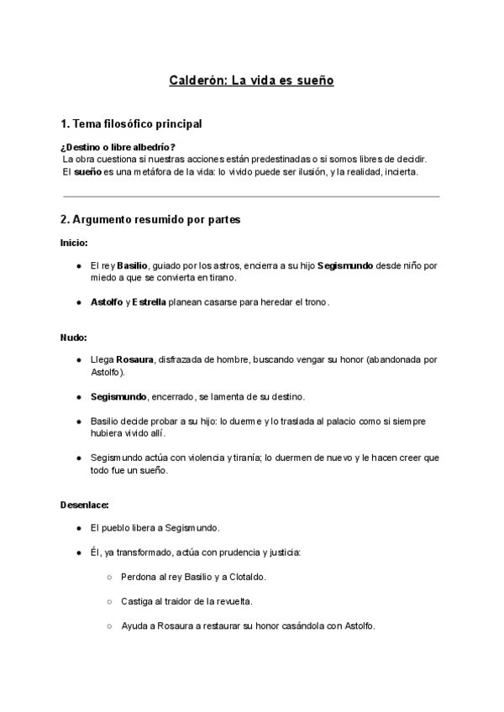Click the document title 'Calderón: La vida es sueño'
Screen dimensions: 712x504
click(x=252, y=81)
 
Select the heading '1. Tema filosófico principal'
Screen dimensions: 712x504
click(x=131, y=124)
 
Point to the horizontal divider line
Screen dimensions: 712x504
click(x=252, y=196)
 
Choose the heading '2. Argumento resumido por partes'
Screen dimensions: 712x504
click(x=150, y=220)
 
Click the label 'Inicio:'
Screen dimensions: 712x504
click(x=74, y=243)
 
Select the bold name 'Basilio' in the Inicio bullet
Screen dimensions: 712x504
click(x=133, y=265)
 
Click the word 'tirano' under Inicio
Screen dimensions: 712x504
click(x=223, y=277)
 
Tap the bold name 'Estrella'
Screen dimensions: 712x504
click(x=150, y=301)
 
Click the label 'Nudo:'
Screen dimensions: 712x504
click(x=74, y=337)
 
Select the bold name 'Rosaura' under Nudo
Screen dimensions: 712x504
click(x=135, y=359)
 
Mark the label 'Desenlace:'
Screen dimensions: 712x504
click(x=84, y=505)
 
